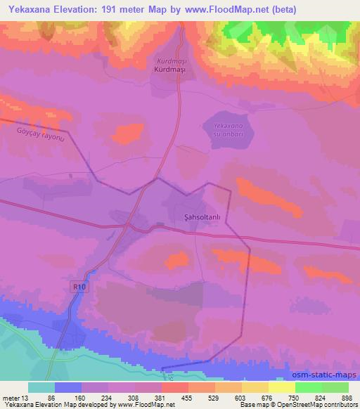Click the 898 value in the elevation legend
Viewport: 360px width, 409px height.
(347, 397)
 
